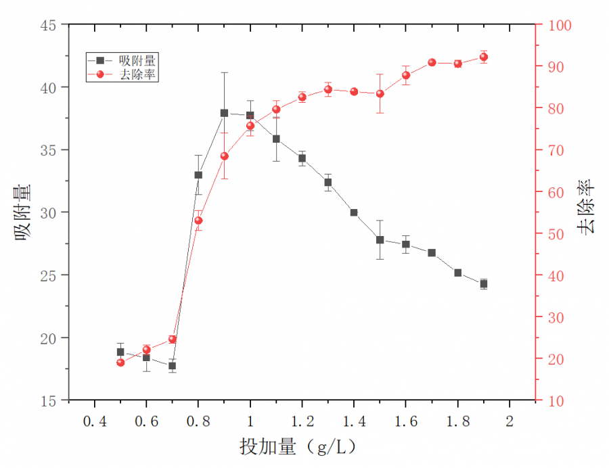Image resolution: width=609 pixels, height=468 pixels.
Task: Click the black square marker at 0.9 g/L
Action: click(224, 113)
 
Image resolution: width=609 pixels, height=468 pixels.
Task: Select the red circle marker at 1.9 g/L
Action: click(484, 57)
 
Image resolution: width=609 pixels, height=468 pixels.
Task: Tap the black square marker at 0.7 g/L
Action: click(173, 366)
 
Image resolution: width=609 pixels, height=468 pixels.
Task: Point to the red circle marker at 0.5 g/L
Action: click(120, 362)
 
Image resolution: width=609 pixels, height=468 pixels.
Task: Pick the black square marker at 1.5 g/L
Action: click(380, 240)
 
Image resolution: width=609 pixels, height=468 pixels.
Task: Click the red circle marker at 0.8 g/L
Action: click(198, 220)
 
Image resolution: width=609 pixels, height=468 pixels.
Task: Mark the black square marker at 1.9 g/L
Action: click(484, 284)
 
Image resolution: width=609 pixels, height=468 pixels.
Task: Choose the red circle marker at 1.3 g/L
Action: click(328, 89)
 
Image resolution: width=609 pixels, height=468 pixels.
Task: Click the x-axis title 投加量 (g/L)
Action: click(298, 447)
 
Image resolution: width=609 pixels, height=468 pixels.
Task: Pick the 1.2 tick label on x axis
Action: click(302, 421)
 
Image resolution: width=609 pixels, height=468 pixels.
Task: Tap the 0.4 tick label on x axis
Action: click(94, 421)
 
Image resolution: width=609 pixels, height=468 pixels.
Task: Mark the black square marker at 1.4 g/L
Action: click(354, 212)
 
